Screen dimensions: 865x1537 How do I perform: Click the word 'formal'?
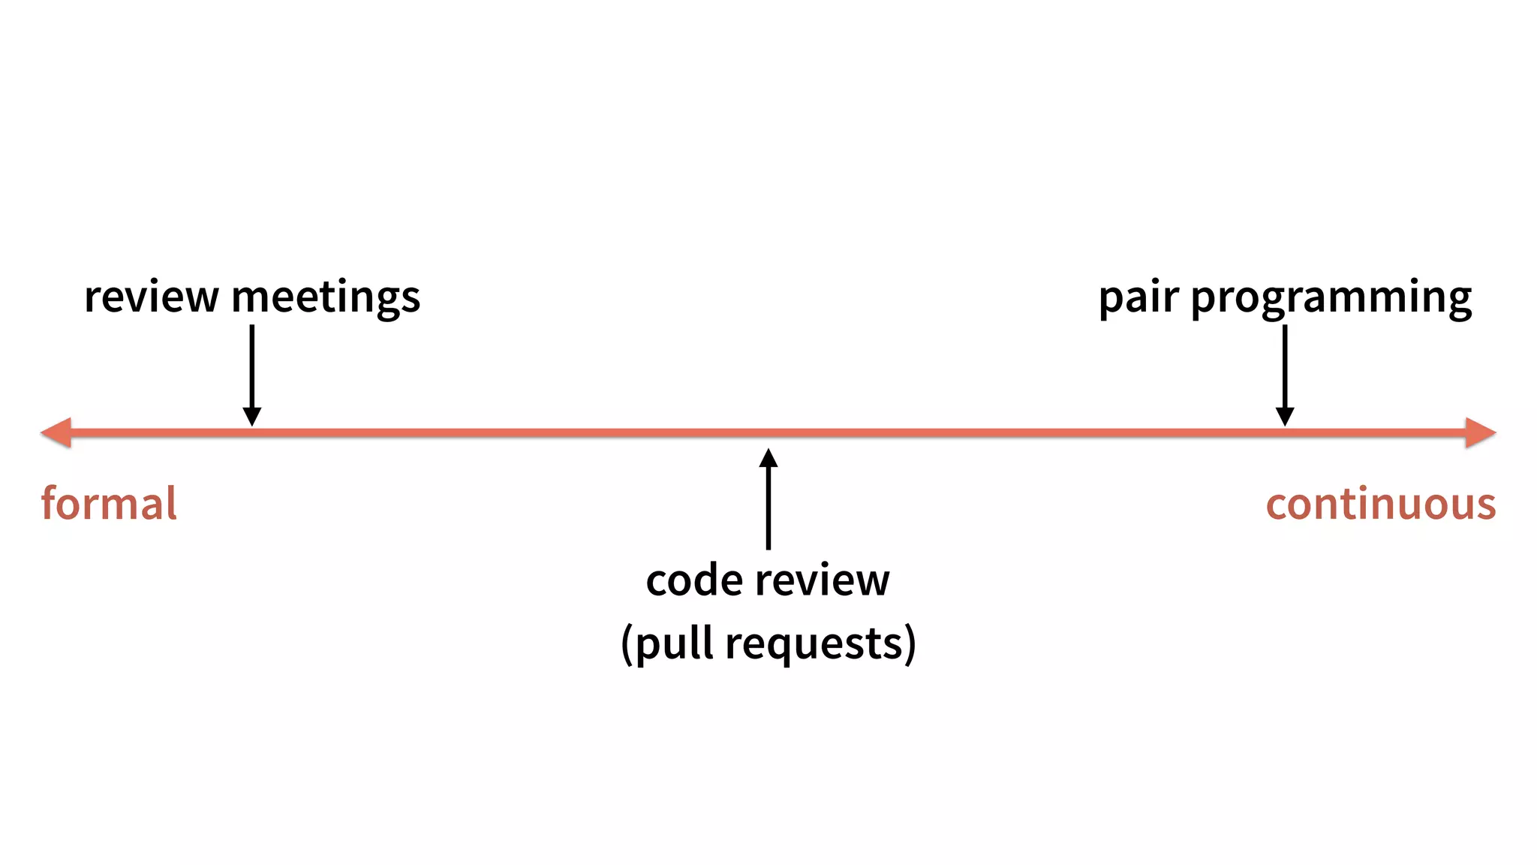[109, 503]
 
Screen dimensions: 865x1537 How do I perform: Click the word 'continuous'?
[1381, 504]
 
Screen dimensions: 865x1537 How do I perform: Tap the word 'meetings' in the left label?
[326, 297]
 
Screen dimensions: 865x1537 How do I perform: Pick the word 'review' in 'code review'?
[823, 580]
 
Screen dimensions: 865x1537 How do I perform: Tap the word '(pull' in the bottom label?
[666, 644]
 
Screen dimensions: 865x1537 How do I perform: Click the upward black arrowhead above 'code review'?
[768, 458]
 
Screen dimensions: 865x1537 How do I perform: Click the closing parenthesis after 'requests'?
[910, 644]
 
